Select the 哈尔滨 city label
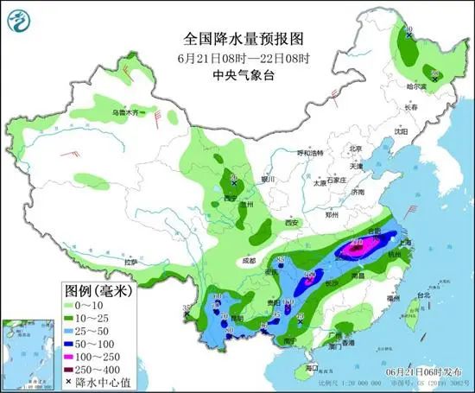pos(417,86)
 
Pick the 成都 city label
pos(249,259)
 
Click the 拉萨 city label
pos(130,261)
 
